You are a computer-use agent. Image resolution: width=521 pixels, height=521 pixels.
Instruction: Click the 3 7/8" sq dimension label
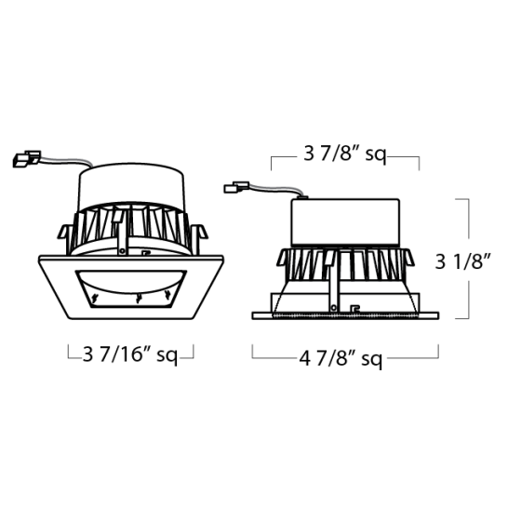[345, 154]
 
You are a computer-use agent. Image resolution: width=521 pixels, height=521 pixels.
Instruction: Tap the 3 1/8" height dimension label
[463, 261]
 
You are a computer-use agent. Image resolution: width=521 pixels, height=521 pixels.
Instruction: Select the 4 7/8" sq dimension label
[341, 359]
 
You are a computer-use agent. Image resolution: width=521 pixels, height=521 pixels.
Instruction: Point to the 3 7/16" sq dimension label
[130, 354]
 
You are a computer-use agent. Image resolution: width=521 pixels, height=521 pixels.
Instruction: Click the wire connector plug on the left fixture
[27, 159]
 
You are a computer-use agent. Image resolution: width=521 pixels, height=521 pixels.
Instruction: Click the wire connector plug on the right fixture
[236, 187]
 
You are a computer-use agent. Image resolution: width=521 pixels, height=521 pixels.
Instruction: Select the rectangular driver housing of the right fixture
[345, 222]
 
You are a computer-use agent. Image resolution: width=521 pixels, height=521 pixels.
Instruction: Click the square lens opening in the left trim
[130, 289]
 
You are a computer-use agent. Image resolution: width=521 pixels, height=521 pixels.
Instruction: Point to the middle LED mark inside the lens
[139, 298]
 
